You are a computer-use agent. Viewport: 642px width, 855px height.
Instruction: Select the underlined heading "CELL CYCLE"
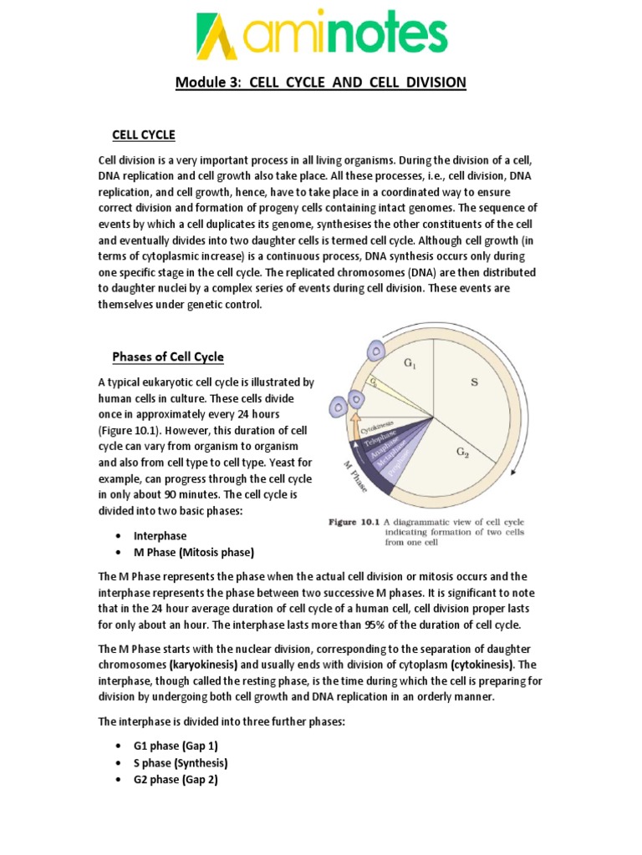pos(144,135)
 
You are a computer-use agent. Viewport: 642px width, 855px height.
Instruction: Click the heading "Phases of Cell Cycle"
pos(168,357)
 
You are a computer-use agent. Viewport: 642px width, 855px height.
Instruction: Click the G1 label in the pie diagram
pos(410,363)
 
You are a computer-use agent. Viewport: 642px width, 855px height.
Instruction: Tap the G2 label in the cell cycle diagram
pos(462,452)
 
